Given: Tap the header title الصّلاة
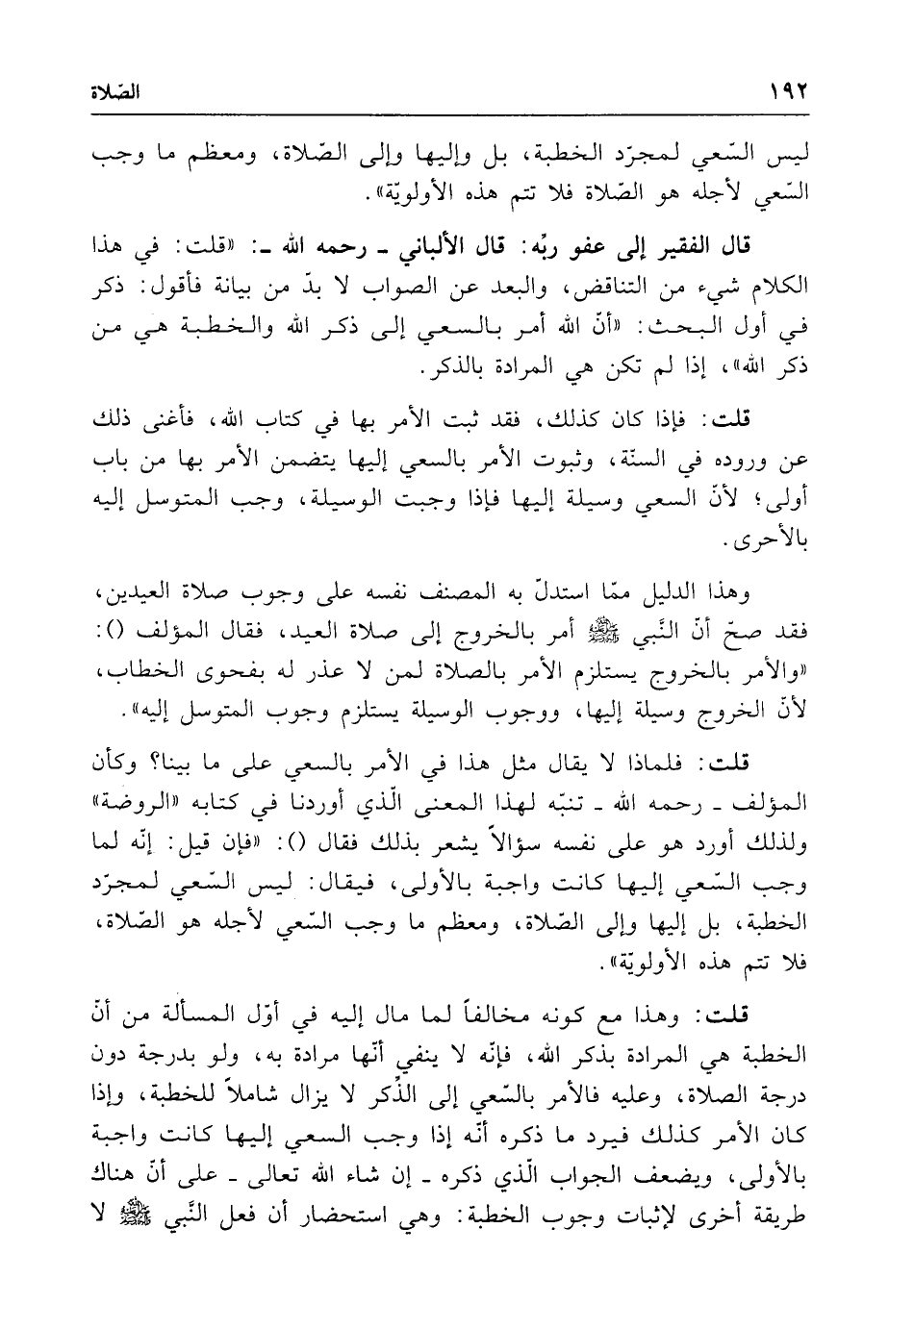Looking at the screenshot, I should click(113, 95).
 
